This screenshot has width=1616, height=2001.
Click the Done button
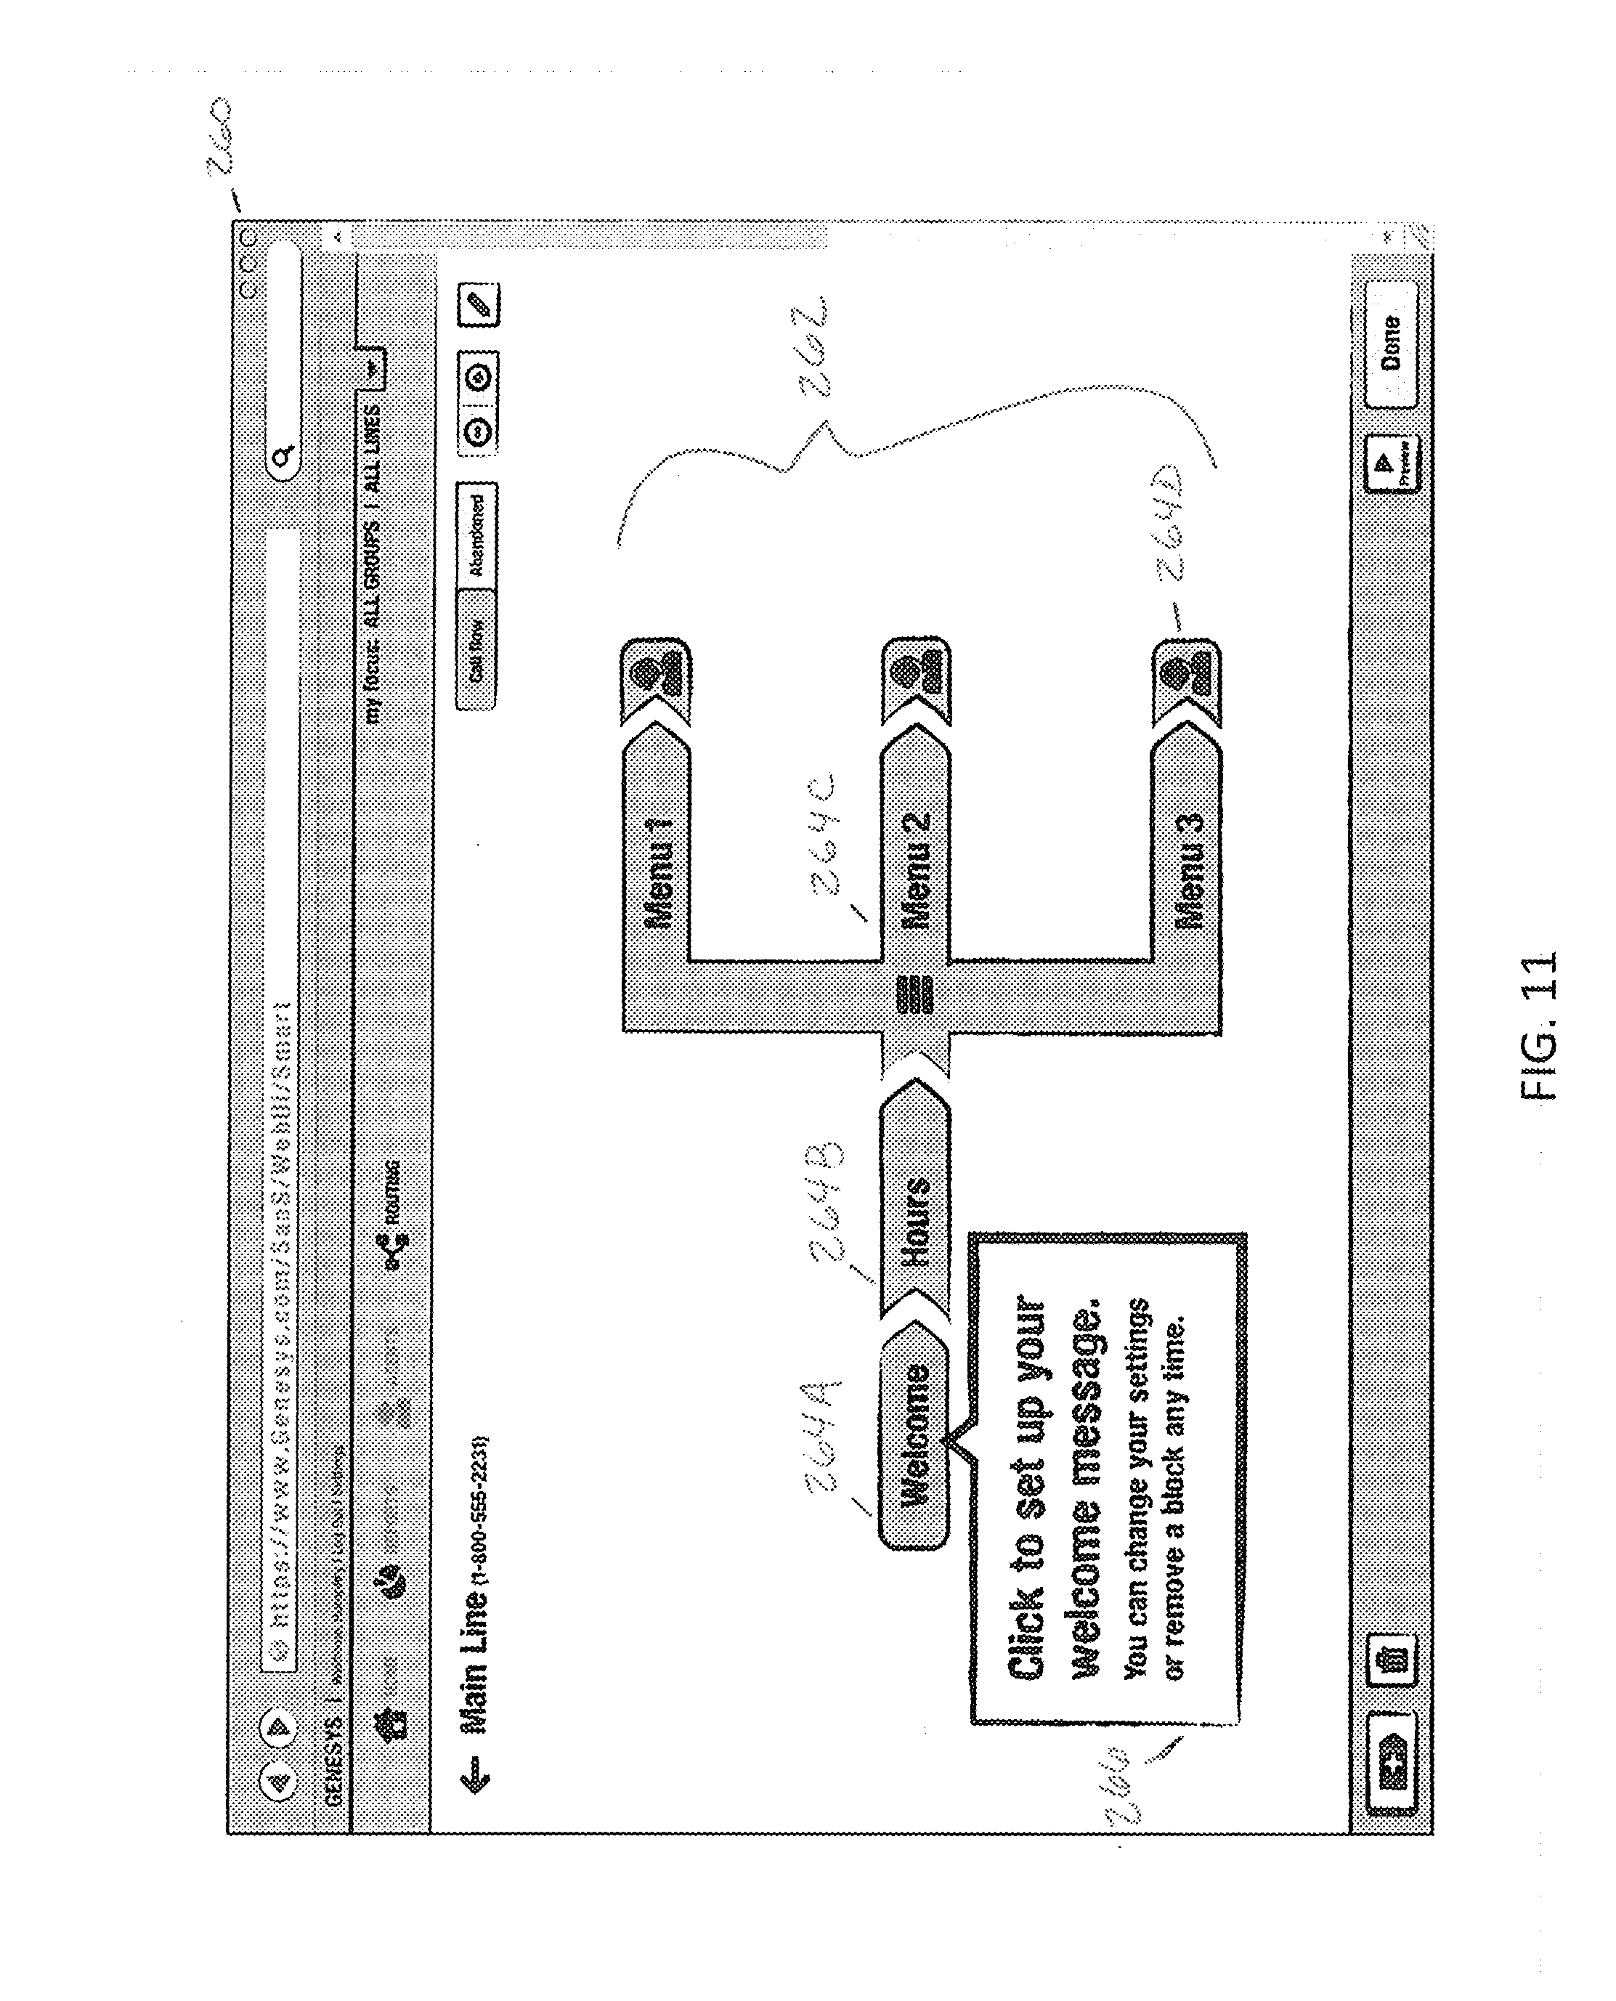[1391, 345]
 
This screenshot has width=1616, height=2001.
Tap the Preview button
[1391, 463]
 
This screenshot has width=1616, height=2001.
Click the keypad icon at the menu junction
[914, 994]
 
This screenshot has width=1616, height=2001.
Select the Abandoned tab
[476, 535]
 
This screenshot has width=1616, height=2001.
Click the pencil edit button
[479, 304]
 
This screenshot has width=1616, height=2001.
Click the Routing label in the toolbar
[394, 1192]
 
